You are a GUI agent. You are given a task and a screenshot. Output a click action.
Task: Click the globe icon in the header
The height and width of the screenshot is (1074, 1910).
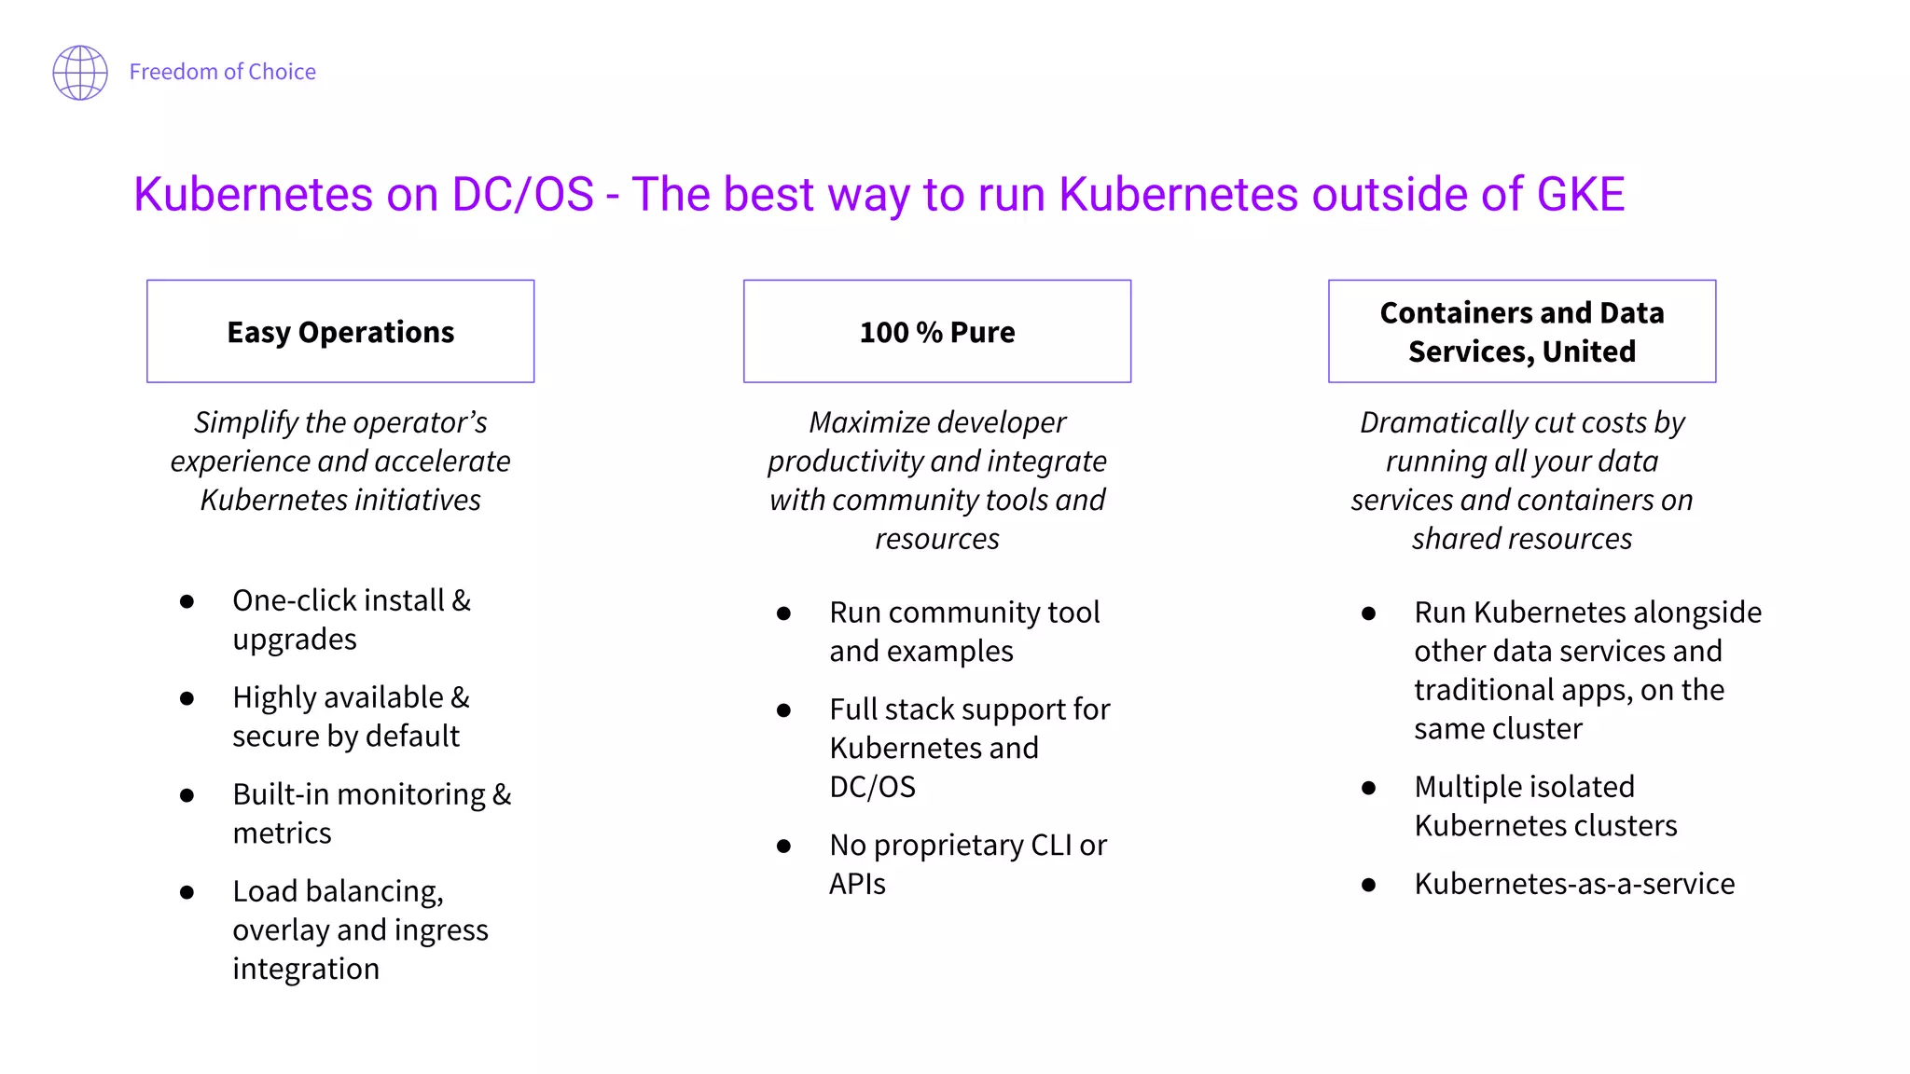coord(80,72)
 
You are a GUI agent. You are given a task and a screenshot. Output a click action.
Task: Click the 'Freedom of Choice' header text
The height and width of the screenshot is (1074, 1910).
coord(222,72)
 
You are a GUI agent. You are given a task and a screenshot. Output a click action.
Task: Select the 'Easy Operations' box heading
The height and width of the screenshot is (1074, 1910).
coord(340,332)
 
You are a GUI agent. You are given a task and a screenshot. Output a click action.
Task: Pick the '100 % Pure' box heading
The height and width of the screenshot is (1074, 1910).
coord(937,332)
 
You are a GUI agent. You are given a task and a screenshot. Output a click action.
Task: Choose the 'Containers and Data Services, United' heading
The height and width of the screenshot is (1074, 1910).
coord(1522,332)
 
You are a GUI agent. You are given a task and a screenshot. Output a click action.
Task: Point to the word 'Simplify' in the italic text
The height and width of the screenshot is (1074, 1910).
coord(245,422)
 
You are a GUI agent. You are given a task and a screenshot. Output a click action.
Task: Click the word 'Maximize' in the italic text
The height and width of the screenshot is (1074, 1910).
coord(865,422)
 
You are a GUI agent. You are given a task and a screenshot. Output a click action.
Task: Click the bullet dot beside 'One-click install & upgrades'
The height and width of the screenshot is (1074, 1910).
coord(187,602)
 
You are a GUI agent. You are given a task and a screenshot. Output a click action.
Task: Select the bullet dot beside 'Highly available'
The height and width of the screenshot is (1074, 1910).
coord(187,698)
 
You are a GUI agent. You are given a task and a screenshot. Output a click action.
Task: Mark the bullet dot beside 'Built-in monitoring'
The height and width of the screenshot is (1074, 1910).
coord(187,795)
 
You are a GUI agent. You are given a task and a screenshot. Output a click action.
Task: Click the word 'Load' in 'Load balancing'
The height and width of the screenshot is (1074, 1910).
coord(266,891)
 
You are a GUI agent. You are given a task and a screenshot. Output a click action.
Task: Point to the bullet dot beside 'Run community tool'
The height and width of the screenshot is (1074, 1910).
coord(783,613)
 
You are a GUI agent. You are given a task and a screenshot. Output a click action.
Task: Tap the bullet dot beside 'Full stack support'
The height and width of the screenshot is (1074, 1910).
coord(783,710)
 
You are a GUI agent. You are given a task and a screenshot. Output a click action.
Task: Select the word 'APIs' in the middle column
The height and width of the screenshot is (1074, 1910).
coord(857,884)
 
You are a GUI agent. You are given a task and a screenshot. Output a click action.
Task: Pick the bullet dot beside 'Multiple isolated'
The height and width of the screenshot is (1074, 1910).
coord(1368,788)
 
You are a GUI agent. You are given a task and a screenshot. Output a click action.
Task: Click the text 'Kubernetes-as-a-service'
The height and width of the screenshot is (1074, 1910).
coord(1574,884)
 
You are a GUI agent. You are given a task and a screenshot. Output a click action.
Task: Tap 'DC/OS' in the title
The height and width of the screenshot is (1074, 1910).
coord(522,194)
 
